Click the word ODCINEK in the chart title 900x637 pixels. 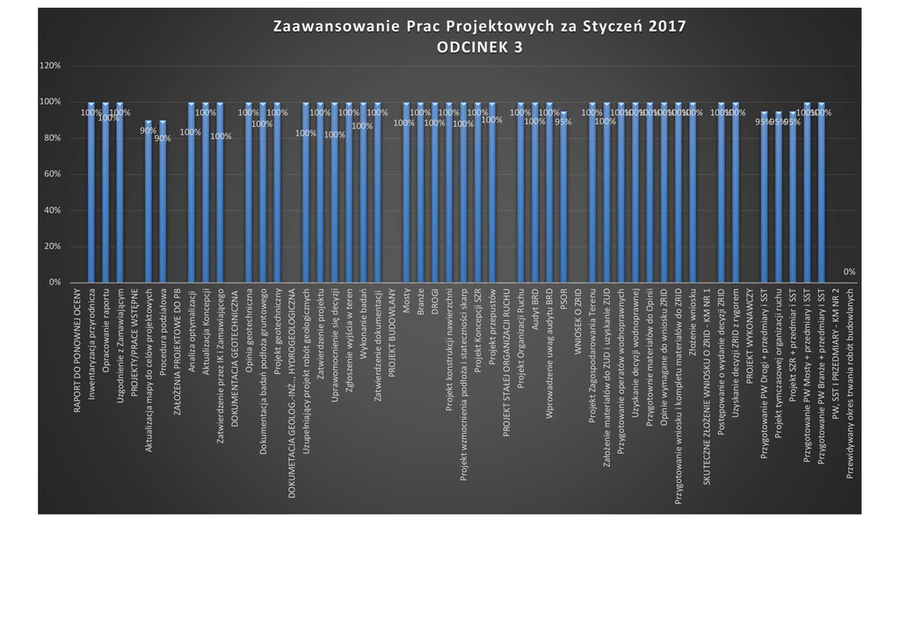pos(470,48)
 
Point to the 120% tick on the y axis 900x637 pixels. pos(49,66)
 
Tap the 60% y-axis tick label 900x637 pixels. pos(51,174)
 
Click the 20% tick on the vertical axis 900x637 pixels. pos(51,246)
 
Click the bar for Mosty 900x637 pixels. pos(406,194)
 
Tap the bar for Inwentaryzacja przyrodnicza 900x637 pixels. pos(91,194)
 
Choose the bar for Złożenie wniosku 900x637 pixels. pos(693,194)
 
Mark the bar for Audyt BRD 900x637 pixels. pos(535,194)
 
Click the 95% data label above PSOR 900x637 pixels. pos(563,122)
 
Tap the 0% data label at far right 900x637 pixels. pos(849,272)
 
